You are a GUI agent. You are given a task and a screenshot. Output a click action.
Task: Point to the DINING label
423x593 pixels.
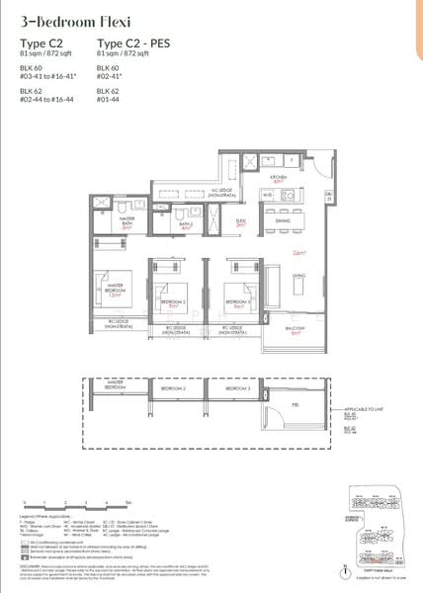281,222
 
